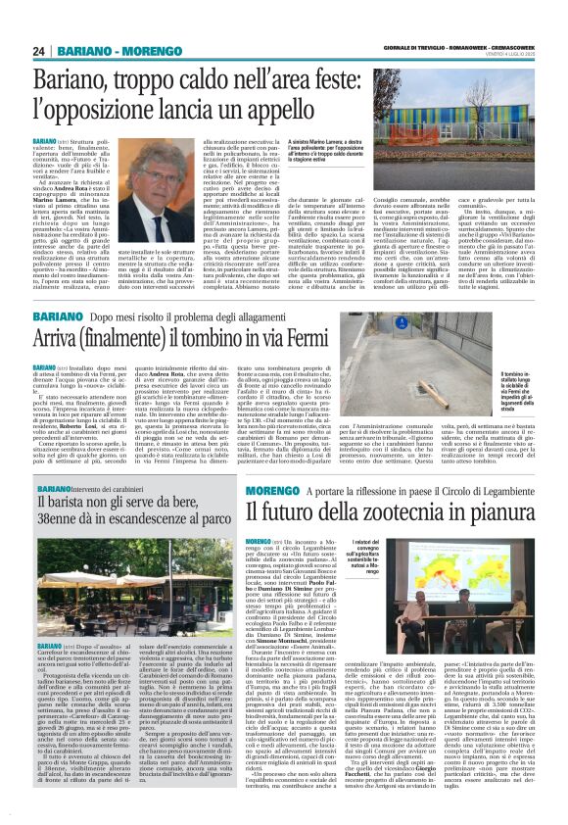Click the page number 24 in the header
click(x=39, y=51)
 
